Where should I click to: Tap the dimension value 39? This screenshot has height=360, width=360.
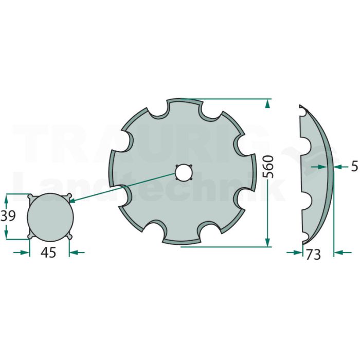pos(8,216)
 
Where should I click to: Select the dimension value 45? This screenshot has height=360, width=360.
pos(48,253)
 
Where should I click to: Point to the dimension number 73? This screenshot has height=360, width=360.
pos(313,255)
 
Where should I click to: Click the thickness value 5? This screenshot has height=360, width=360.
pos(354,166)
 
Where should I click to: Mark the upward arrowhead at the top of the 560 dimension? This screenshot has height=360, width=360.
pos(267,104)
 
